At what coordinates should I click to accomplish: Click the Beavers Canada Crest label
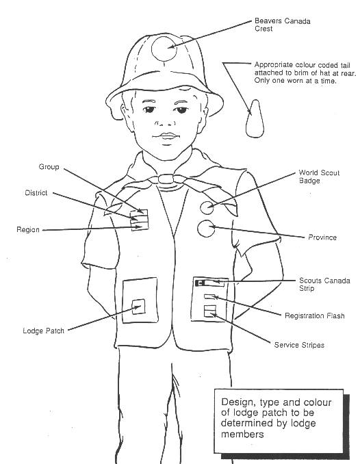click(283, 25)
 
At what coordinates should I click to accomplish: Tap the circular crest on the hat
click(164, 48)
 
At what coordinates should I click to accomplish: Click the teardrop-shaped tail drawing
click(255, 118)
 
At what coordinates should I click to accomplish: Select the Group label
click(49, 167)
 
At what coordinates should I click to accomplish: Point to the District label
click(36, 193)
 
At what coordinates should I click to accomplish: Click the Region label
click(28, 230)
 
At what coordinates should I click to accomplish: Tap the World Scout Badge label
click(319, 177)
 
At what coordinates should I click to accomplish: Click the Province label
click(322, 237)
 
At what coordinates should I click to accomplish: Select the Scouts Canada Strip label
click(324, 285)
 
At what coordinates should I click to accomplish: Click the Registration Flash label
click(314, 315)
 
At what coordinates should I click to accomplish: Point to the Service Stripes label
click(299, 345)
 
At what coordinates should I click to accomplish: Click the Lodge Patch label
click(44, 331)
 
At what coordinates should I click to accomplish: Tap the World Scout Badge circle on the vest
click(207, 207)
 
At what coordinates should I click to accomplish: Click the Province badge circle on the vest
click(206, 229)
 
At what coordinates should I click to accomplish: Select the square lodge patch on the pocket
click(138, 307)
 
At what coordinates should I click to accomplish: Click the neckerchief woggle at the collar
click(166, 179)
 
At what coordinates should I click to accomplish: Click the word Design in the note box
click(237, 402)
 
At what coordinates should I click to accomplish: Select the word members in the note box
click(242, 434)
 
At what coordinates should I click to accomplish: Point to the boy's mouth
click(166, 136)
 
